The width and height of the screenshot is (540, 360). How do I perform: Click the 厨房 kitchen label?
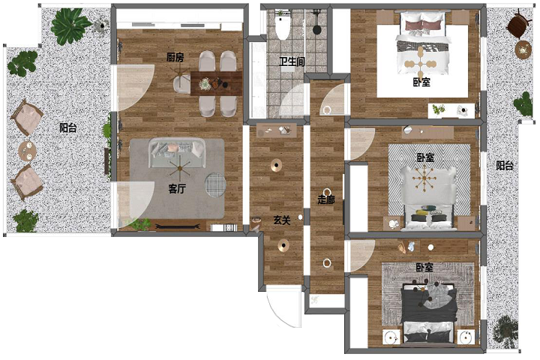tap(175, 57)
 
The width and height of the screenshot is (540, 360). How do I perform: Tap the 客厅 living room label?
tap(177, 188)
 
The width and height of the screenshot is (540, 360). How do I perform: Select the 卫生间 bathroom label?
tap(292, 61)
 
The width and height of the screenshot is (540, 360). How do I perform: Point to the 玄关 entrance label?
tap(282, 220)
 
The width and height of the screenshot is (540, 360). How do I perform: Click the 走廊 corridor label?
tap(325, 199)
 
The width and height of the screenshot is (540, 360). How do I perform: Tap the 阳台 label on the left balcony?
tap(67, 127)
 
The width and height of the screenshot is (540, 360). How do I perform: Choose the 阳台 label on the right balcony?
tap(505, 166)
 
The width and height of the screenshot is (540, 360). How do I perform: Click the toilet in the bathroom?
tap(283, 25)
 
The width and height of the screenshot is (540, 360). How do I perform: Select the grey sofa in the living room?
tap(177, 152)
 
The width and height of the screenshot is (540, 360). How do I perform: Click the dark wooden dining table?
tap(216, 83)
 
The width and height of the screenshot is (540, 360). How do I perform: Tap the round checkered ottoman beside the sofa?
tap(215, 184)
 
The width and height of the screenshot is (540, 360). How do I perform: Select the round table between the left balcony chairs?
tap(27, 151)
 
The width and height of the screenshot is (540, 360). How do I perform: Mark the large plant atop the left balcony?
tap(70, 25)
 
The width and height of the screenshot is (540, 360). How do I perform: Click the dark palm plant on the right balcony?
tap(505, 331)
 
